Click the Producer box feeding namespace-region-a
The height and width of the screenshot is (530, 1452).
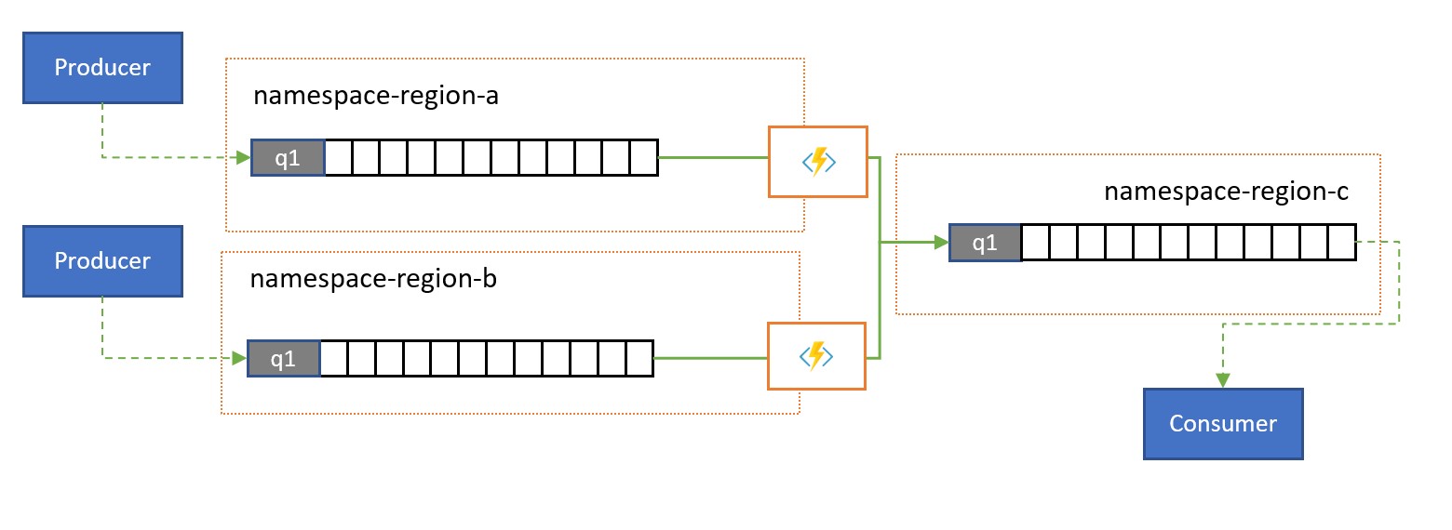pos(102,68)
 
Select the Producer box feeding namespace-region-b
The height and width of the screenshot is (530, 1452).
pos(102,261)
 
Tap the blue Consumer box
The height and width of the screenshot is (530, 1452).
pos(1223,424)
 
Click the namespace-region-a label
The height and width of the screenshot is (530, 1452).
pos(377,97)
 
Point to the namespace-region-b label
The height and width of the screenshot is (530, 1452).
pos(373,279)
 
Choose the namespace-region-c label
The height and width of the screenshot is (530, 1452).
pos(1227,192)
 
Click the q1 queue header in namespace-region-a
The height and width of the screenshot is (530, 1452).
pos(288,158)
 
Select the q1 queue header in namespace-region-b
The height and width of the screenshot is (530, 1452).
pos(284,358)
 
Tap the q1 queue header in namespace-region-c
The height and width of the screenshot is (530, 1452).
pos(985,244)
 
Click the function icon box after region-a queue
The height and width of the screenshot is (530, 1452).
pos(817,162)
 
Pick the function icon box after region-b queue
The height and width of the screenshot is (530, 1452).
pos(816,355)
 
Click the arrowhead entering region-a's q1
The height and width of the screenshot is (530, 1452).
pos(243,158)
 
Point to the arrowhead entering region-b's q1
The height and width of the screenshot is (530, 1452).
pos(239,358)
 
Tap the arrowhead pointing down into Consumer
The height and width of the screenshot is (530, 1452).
pos(1223,379)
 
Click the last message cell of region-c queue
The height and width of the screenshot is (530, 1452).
pos(1341,244)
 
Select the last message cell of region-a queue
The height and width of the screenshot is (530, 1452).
pos(644,158)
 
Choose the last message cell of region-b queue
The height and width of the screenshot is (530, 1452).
pos(640,358)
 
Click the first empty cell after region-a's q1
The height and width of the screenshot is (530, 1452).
pos(339,158)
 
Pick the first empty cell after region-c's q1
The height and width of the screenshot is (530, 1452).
pos(1035,244)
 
